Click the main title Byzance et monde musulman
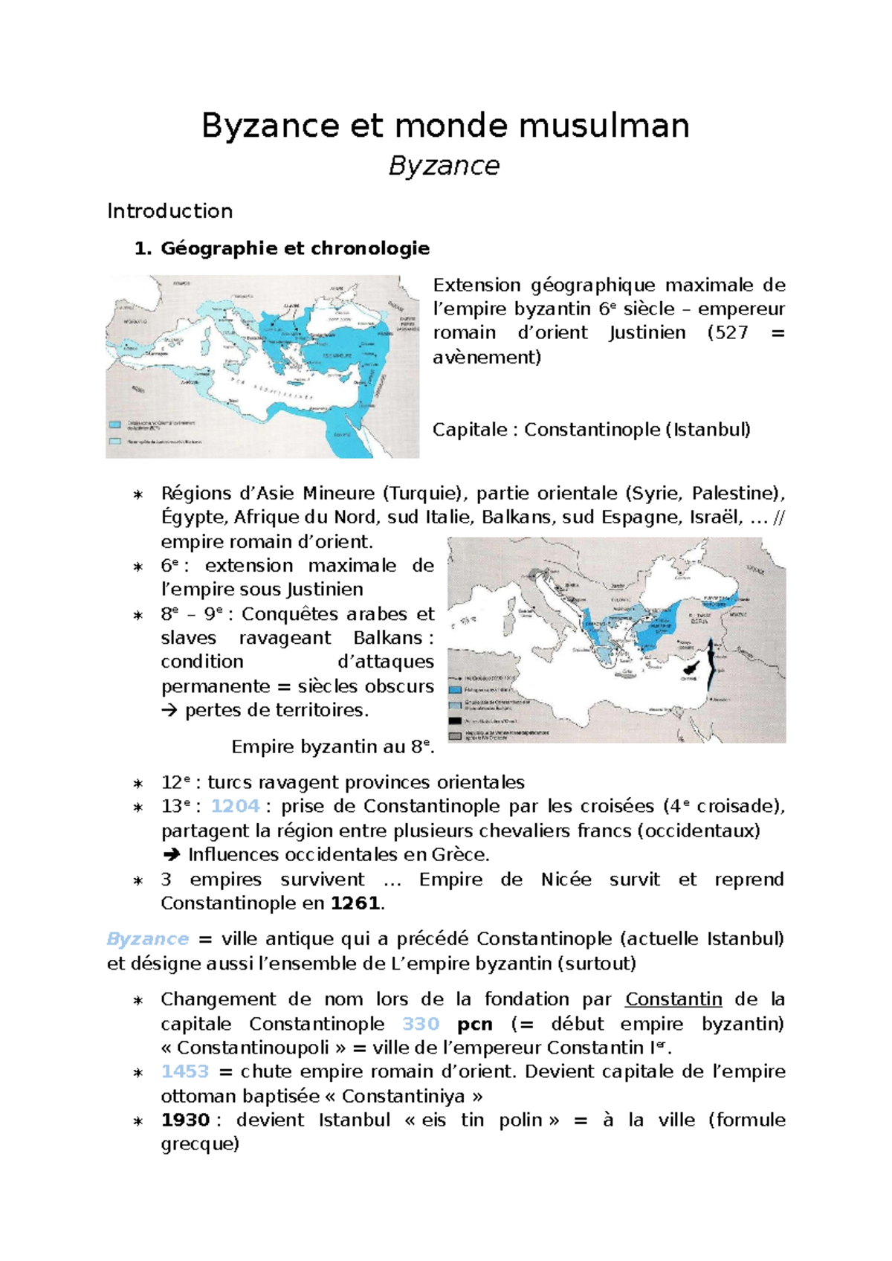click(445, 126)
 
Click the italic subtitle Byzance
click(444, 166)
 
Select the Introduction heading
click(169, 211)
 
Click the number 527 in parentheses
click(731, 332)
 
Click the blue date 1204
click(235, 807)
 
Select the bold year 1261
click(355, 903)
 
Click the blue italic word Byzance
click(147, 939)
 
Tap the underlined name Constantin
click(673, 999)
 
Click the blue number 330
click(421, 1024)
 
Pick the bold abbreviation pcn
click(474, 1024)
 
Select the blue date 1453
click(185, 1071)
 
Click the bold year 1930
click(185, 1120)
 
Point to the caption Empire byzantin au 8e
click(332, 746)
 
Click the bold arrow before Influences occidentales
click(171, 855)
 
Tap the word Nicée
click(566, 880)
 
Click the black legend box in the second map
click(456, 720)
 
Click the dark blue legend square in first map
click(115, 425)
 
